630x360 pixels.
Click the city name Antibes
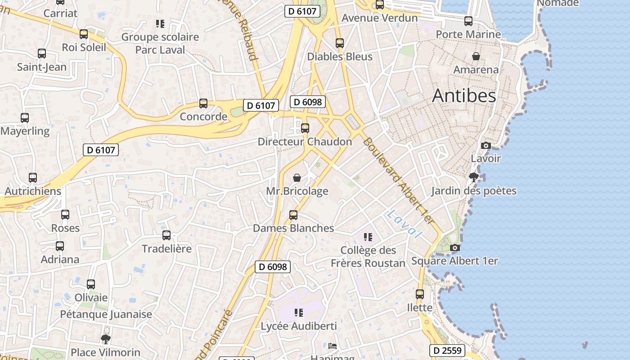pos(464,95)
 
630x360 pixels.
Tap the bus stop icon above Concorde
pos(203,103)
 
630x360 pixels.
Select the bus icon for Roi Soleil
pos(84,34)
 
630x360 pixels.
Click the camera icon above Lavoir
pos(486,145)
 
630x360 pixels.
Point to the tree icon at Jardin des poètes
pos(473,177)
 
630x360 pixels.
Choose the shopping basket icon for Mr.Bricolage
pos(297,178)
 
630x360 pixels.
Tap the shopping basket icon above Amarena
pos(476,56)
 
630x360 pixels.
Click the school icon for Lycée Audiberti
pos(298,312)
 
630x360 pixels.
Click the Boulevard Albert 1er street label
pos(399,181)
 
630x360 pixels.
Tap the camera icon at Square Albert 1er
pos(455,247)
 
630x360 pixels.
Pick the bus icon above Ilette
pos(420,294)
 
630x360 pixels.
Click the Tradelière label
pos(166,248)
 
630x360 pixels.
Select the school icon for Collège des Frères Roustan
pos(368,237)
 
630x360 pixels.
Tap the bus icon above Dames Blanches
pos(293,215)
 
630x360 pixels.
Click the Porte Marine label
pos(468,34)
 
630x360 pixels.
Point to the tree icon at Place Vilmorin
pos(106,339)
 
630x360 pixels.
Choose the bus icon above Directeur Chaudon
pos(305,128)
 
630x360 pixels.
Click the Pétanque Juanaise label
pos(106,314)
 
